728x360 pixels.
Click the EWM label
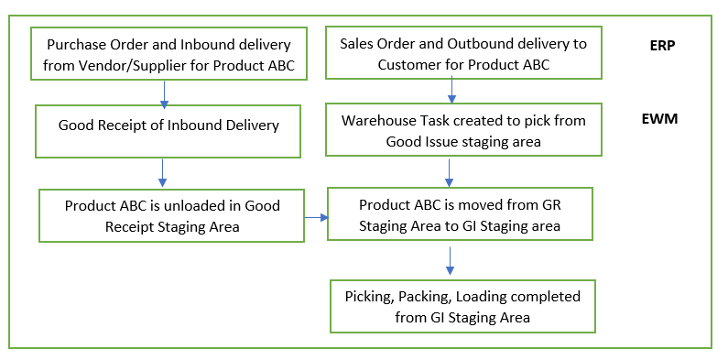[x=664, y=119]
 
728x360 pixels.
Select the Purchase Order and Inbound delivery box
[x=168, y=54]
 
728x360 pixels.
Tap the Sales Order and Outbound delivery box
[x=463, y=54]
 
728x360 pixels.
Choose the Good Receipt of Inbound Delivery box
[x=168, y=131]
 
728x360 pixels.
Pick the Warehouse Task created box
[x=463, y=131]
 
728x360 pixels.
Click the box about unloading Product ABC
[x=172, y=216]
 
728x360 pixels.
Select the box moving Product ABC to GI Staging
[x=461, y=213]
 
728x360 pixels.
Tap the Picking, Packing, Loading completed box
[x=462, y=307]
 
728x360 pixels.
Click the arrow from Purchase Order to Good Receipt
[x=164, y=93]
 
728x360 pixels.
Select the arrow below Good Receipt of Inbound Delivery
[x=162, y=171]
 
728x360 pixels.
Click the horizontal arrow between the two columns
[x=316, y=217]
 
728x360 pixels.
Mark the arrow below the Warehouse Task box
[x=450, y=171]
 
